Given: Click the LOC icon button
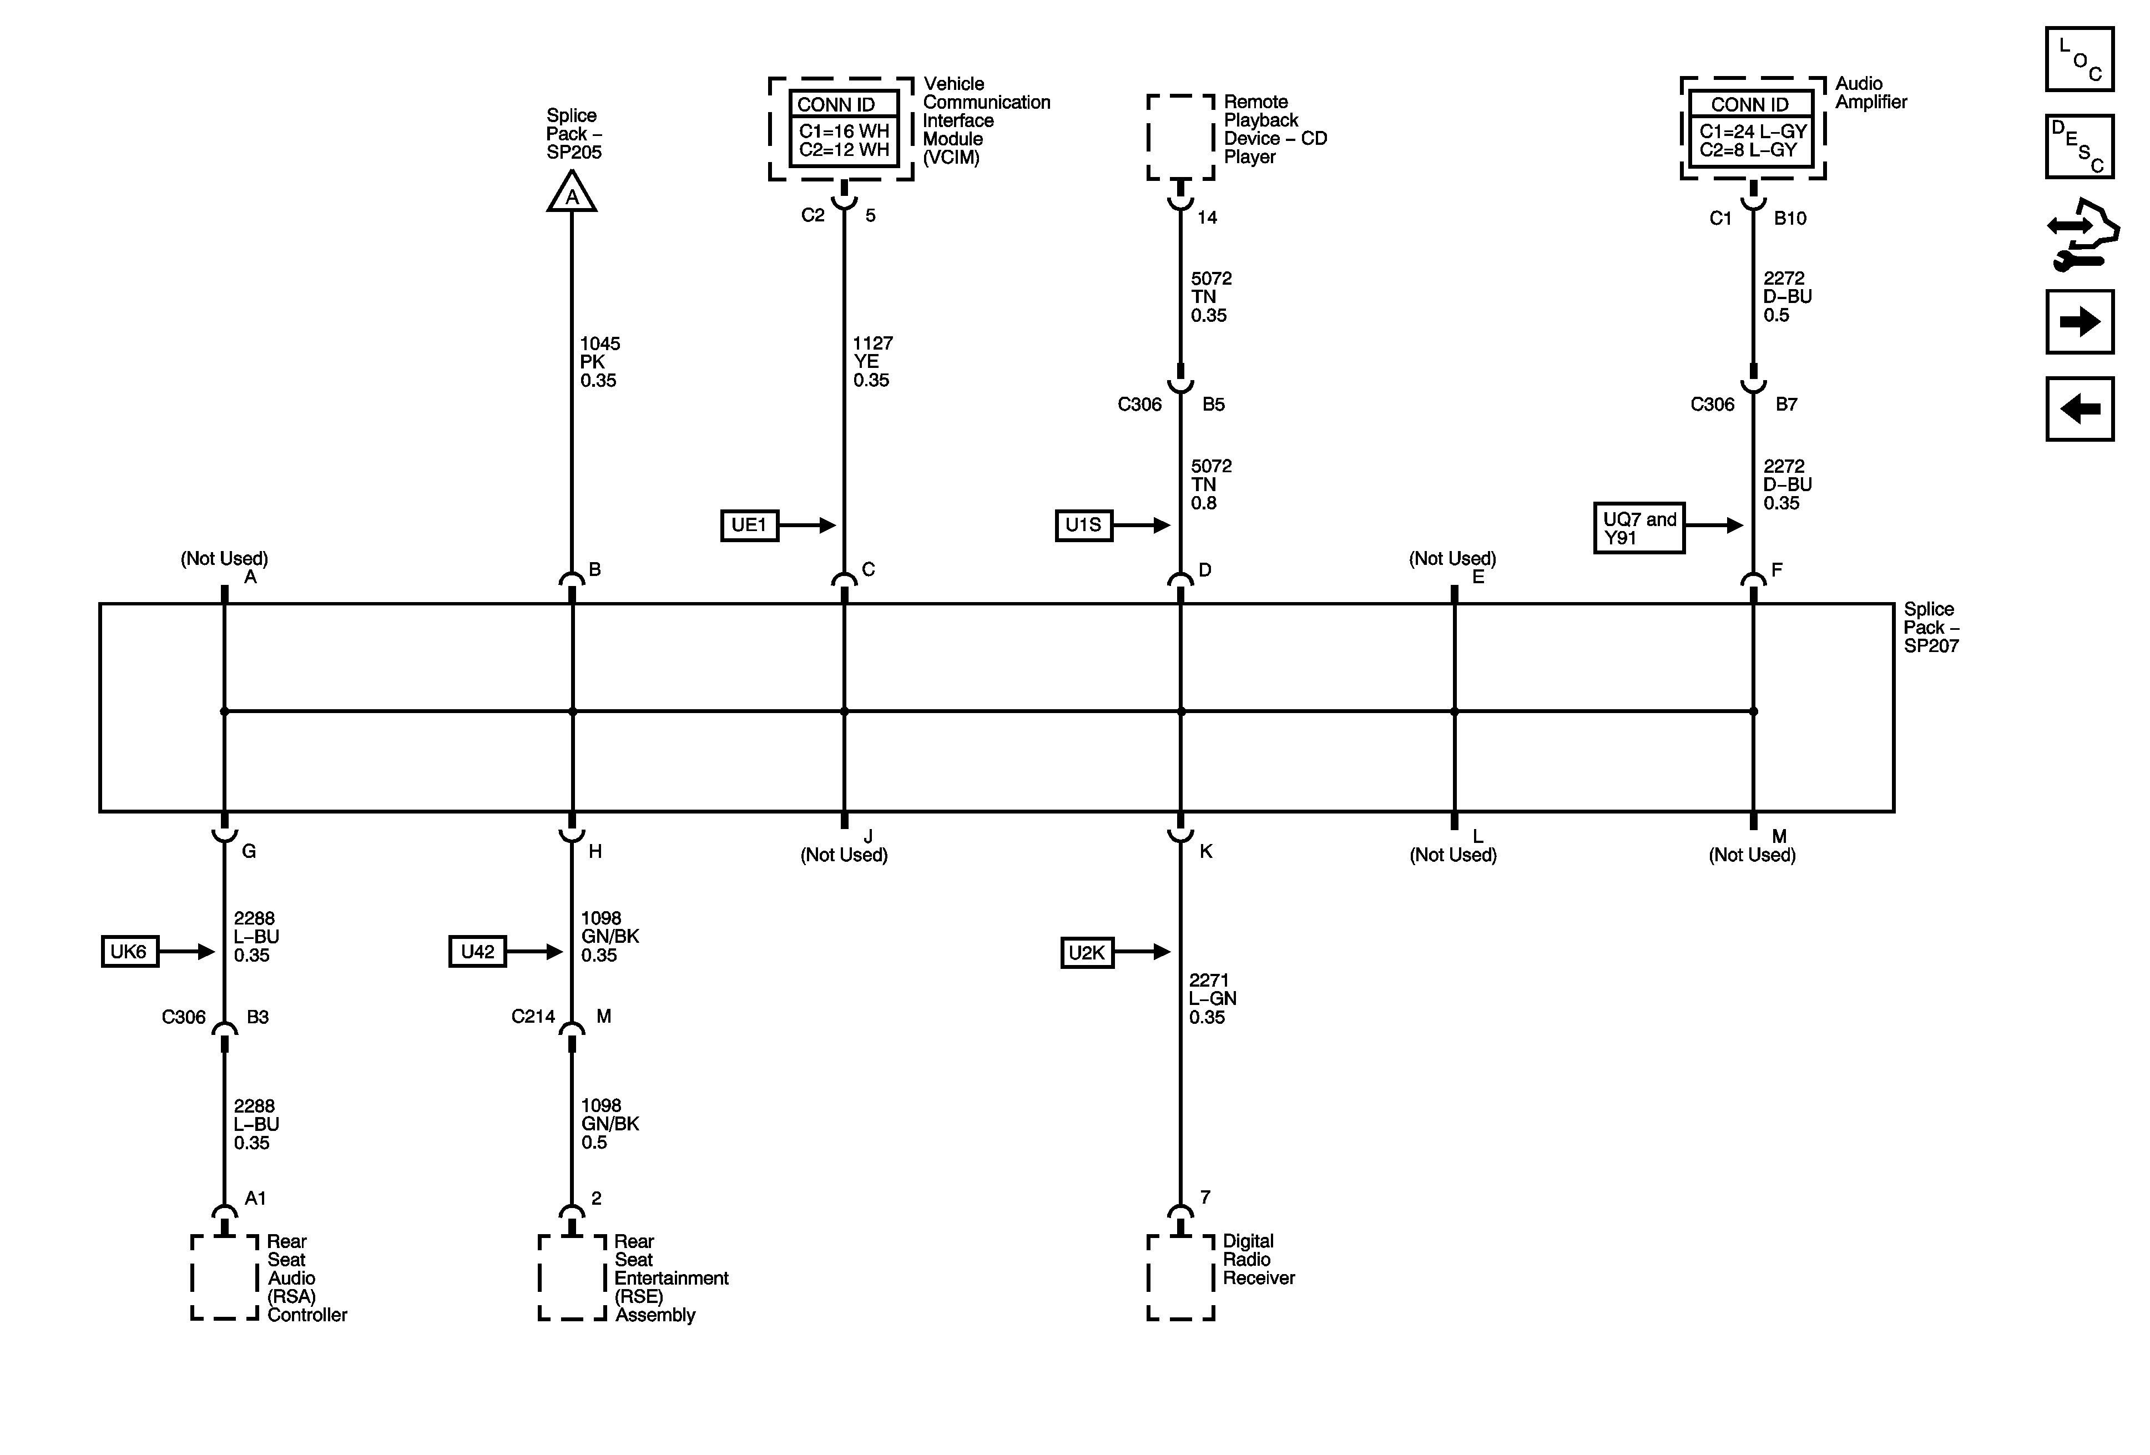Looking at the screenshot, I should (2079, 59).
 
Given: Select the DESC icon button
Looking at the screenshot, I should (2079, 146).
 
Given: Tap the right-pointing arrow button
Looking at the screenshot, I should (2079, 322).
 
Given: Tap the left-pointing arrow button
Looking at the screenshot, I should (2079, 409).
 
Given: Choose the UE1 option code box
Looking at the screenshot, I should (749, 526).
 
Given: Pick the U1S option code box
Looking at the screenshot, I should (1083, 526).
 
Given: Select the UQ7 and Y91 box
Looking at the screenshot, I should (1638, 528).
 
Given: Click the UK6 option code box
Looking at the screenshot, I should (129, 952).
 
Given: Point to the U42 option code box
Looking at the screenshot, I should (477, 952).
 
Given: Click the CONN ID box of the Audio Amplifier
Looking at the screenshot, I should (1752, 129).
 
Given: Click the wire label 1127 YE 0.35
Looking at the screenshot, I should (872, 362).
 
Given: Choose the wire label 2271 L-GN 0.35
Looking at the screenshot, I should (1212, 999).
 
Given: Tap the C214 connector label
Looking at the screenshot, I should (533, 1017).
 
